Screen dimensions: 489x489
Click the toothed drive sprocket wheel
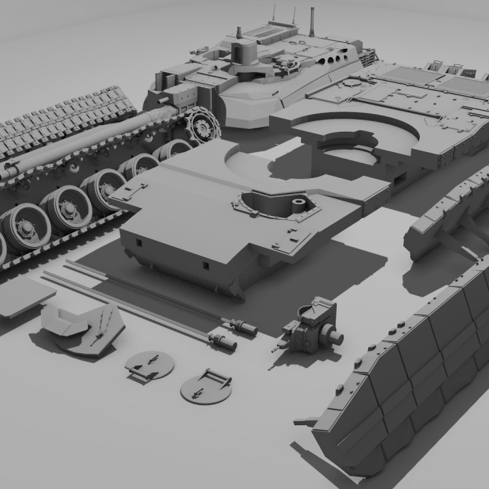[x=202, y=126]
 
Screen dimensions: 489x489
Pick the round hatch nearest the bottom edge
[x=206, y=386]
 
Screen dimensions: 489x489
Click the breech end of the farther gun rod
[x=244, y=328]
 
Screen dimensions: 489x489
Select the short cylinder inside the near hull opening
[x=297, y=206]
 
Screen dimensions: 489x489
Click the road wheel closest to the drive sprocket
[x=175, y=149]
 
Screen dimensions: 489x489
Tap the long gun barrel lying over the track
[x=81, y=143]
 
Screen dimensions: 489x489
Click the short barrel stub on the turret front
[x=163, y=98]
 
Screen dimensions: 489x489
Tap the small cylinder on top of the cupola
[x=239, y=31]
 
